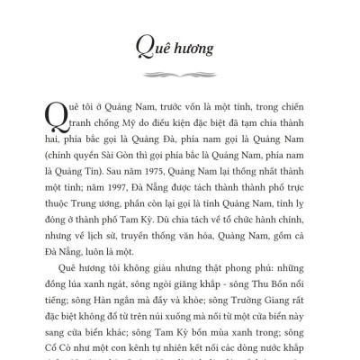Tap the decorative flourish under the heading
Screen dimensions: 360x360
pyautogui.click(x=179, y=69)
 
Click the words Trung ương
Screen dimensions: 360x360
pyautogui.click(x=86, y=184)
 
